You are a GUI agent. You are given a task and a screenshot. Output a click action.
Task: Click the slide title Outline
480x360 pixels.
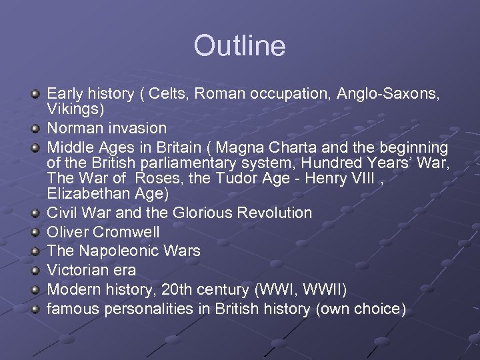tap(239, 46)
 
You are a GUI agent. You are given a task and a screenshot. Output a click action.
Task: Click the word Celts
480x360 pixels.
tap(169, 95)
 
